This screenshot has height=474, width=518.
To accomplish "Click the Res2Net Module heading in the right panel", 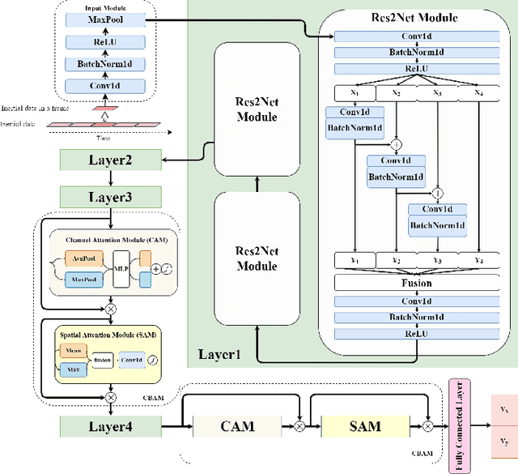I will tap(415, 17).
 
